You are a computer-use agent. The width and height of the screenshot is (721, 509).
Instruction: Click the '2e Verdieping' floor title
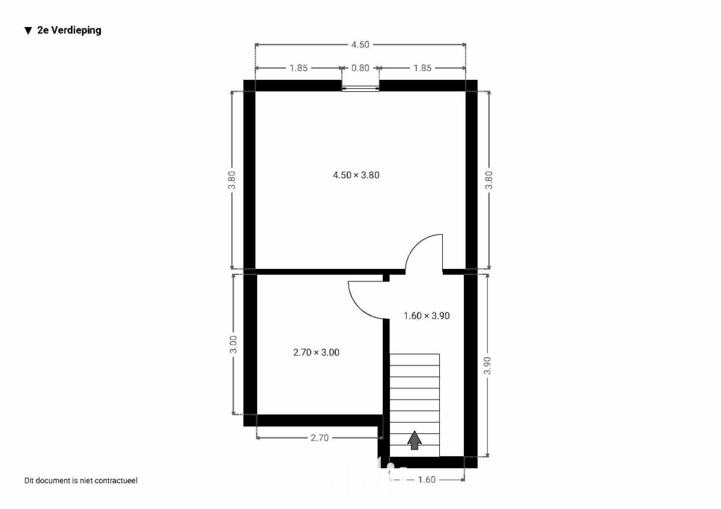(x=69, y=30)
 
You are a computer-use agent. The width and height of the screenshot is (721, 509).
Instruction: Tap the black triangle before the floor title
(x=28, y=31)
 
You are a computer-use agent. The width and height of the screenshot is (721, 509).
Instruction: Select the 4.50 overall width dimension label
(x=360, y=44)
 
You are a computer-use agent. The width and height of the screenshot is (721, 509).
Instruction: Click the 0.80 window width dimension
(x=360, y=68)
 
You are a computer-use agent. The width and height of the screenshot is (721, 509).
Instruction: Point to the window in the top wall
(x=360, y=89)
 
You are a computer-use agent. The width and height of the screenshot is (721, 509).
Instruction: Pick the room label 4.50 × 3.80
(x=356, y=175)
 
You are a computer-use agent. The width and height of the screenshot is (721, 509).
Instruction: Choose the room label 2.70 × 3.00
(x=316, y=352)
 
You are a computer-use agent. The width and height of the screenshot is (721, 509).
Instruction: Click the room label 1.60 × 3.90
(x=427, y=316)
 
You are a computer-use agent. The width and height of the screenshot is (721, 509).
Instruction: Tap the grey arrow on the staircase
(x=414, y=440)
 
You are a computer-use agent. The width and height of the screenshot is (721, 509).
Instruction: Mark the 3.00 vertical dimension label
(x=233, y=345)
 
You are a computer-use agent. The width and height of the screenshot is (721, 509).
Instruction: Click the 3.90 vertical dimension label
(x=487, y=366)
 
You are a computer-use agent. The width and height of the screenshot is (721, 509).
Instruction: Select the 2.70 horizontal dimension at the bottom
(x=319, y=438)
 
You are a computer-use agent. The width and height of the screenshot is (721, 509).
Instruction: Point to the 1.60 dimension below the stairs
(x=427, y=480)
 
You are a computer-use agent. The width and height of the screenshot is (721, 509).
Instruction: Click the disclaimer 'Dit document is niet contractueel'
(x=81, y=481)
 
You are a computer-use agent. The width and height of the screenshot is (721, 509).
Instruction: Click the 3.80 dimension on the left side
(x=232, y=180)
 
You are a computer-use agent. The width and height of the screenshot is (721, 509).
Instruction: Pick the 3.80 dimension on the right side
(x=488, y=180)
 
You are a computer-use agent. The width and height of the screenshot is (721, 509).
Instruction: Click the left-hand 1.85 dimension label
(x=299, y=68)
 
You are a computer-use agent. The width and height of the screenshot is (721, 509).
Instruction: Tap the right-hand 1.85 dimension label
(x=422, y=68)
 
